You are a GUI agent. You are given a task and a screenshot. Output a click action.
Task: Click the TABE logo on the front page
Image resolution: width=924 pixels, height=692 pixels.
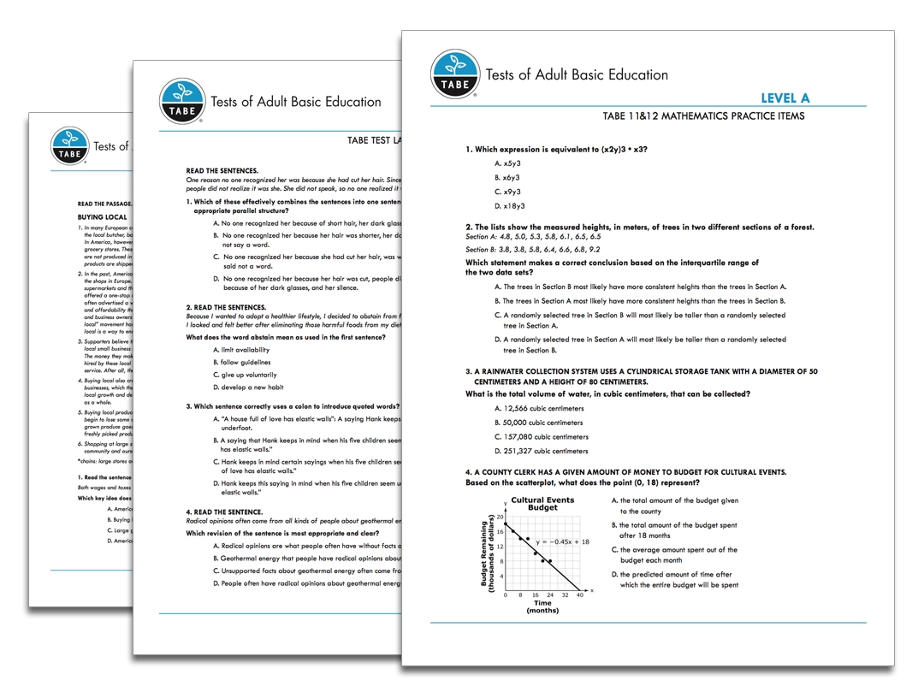point(455,74)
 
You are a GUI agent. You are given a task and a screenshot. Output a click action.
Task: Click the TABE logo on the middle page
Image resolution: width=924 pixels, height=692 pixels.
point(183,101)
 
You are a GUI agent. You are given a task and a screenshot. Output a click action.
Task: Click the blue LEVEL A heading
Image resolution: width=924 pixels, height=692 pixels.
point(785,98)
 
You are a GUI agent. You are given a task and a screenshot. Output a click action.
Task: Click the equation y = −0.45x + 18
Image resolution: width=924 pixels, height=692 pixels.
point(562,541)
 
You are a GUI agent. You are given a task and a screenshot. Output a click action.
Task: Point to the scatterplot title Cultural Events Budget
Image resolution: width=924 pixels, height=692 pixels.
point(542,504)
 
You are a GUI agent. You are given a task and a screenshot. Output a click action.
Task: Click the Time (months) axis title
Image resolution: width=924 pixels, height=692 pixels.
point(542,606)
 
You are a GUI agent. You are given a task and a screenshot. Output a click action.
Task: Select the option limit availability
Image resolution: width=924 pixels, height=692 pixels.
point(241,350)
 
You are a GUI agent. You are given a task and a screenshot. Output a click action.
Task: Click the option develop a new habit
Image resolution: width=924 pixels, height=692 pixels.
point(248,387)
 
